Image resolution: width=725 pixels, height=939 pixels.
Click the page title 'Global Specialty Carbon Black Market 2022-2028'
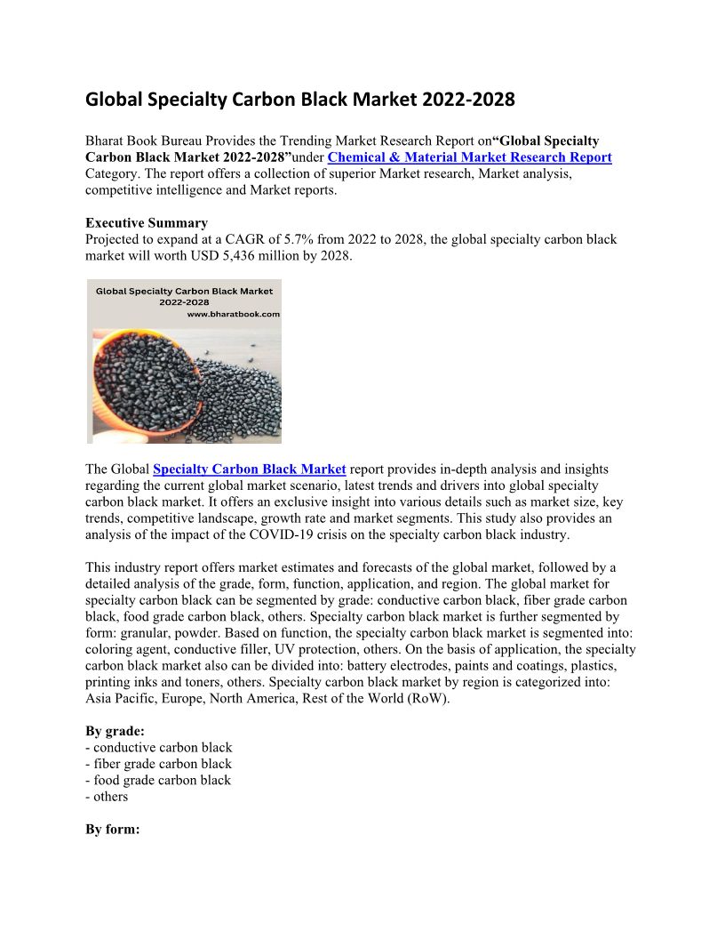click(x=299, y=99)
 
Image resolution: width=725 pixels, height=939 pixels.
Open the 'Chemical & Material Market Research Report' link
click(x=469, y=157)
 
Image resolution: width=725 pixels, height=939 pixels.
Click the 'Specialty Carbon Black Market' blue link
click(x=249, y=469)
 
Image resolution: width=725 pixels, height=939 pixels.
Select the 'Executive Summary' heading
click(x=147, y=223)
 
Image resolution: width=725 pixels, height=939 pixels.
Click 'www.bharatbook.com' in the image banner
click(x=233, y=314)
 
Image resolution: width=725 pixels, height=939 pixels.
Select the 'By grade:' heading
click(x=115, y=731)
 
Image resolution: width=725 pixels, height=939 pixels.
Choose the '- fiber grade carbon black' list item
click(x=158, y=764)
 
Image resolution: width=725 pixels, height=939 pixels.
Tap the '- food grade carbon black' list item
click(x=158, y=780)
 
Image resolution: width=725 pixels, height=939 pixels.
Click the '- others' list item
click(x=107, y=797)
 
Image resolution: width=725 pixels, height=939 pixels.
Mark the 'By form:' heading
click(x=113, y=830)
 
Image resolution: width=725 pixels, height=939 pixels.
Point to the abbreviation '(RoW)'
click(x=430, y=698)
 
